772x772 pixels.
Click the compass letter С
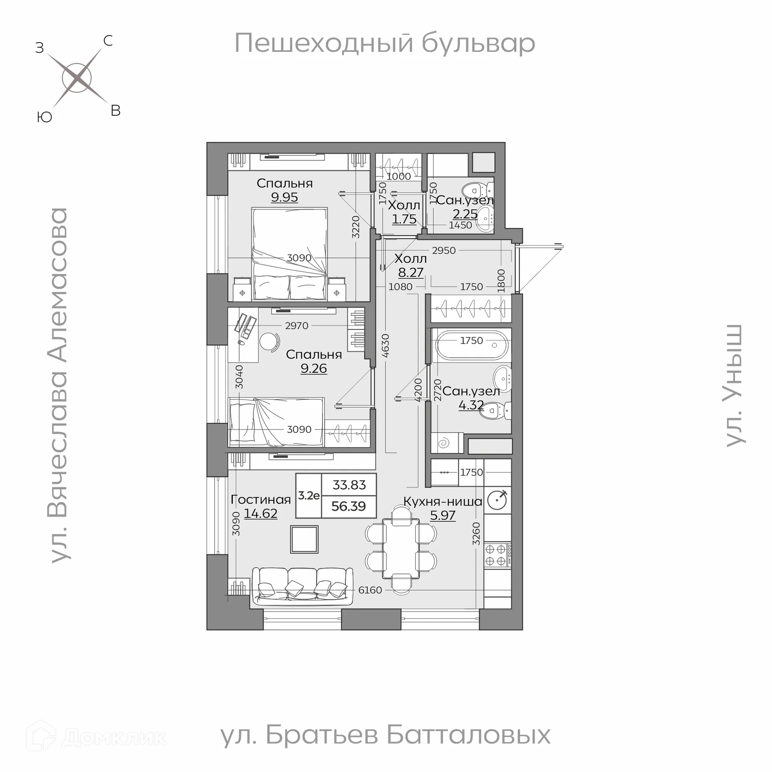[x=108, y=41]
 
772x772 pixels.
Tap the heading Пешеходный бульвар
[x=384, y=43]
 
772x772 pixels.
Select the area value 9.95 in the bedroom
[x=284, y=197]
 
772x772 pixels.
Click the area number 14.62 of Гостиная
[x=261, y=514]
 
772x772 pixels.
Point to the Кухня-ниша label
[x=443, y=501]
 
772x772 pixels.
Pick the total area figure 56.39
[x=349, y=506]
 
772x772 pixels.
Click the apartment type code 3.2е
[x=309, y=495]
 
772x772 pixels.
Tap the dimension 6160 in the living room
[x=370, y=590]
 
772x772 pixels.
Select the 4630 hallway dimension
[x=385, y=346]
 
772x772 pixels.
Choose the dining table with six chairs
[x=401, y=548]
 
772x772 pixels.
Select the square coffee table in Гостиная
[x=304, y=539]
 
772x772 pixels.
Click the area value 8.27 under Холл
[x=411, y=273]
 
